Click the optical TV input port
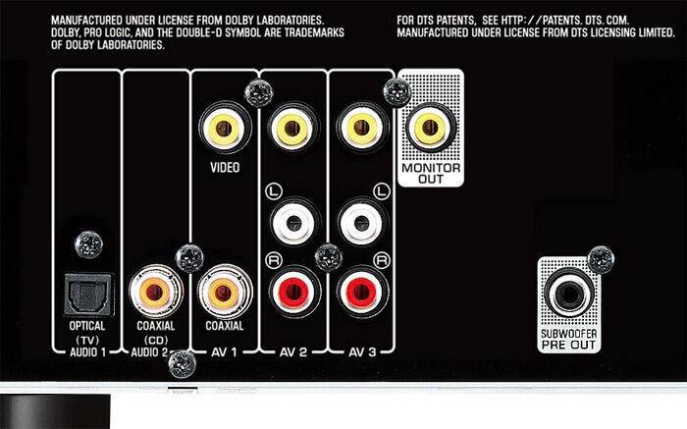point(88,294)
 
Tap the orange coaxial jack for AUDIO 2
point(155,292)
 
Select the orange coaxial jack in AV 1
point(224,293)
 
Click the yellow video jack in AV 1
point(225,129)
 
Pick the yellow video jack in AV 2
point(292,129)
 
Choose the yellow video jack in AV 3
point(361,128)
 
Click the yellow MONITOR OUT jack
point(430,127)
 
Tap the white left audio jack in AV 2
point(292,224)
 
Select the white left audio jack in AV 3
point(361,224)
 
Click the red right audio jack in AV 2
point(293,292)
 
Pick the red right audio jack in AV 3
point(362,292)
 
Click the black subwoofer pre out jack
point(568,293)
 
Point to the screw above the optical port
point(88,244)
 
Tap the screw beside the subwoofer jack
point(601,259)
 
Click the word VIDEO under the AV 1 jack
point(225,168)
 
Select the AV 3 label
point(362,352)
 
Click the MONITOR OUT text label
point(431,174)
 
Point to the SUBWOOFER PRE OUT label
point(568,340)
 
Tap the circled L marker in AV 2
point(274,191)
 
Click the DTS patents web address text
point(565,21)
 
